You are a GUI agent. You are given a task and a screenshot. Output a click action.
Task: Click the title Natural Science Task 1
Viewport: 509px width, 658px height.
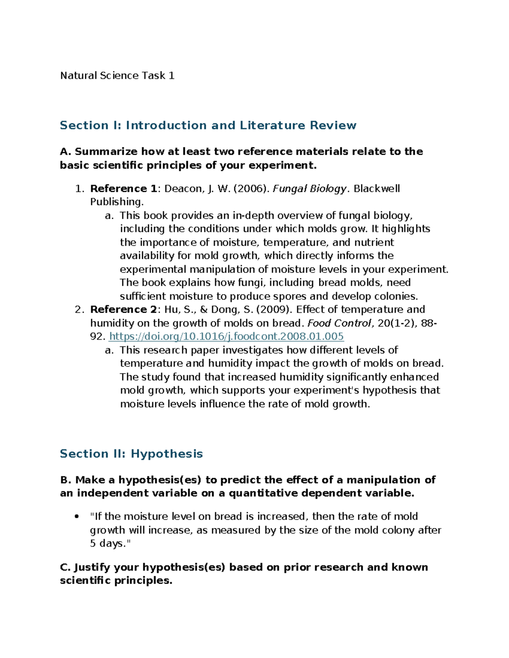coord(117,76)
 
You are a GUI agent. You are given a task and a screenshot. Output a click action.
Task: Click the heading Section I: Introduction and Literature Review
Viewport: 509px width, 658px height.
coord(208,125)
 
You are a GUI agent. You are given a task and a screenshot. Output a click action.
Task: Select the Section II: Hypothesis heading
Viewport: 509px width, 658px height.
coord(131,454)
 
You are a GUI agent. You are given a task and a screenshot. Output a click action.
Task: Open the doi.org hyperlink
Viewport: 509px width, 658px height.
coord(226,336)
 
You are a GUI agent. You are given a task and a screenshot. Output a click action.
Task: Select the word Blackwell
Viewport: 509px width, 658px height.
coord(377,189)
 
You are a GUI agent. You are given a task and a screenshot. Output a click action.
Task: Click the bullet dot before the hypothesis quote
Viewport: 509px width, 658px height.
coord(77,516)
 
